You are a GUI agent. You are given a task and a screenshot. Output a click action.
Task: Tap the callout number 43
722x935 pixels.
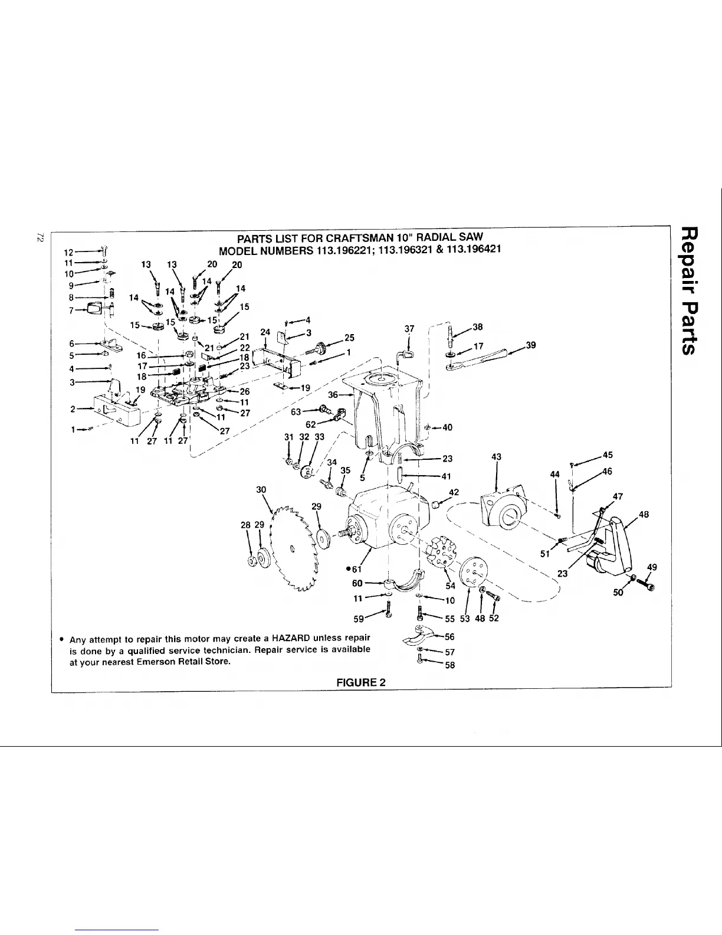(496, 456)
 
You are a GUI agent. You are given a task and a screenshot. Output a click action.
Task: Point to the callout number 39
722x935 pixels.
(531, 345)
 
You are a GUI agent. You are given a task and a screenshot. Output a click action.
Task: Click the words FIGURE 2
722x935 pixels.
(360, 682)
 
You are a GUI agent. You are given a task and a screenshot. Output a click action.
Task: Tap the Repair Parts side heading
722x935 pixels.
(691, 290)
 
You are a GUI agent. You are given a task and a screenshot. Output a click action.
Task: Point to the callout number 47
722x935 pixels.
(618, 496)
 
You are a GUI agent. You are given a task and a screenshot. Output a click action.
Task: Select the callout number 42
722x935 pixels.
(454, 492)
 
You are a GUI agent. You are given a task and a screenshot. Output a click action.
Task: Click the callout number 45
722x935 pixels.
(608, 455)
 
